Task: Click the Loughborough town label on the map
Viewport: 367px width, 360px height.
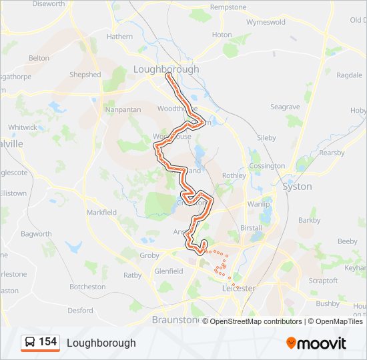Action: (x=166, y=69)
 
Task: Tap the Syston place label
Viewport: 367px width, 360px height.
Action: (x=297, y=187)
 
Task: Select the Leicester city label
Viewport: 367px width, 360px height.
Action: (x=238, y=288)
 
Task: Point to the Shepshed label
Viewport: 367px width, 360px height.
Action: (x=85, y=75)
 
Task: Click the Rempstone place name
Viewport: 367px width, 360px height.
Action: (x=228, y=7)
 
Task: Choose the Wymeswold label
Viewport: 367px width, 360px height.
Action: (x=266, y=22)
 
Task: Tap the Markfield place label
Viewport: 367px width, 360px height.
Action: (x=101, y=212)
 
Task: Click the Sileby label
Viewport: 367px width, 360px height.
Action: (x=266, y=137)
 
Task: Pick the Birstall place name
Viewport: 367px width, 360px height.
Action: (x=251, y=227)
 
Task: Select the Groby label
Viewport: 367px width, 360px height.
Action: (x=150, y=255)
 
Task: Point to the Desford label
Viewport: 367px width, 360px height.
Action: (x=80, y=310)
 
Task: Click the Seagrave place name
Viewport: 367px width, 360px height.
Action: (x=285, y=107)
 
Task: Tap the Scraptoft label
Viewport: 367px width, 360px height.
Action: (x=324, y=281)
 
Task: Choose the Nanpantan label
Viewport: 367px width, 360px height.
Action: (x=121, y=109)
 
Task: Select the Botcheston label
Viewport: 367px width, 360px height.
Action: (x=87, y=287)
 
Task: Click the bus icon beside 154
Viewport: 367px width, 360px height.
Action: (x=30, y=343)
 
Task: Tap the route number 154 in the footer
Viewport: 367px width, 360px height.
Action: (x=47, y=342)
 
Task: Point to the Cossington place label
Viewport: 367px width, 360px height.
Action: (x=266, y=166)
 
